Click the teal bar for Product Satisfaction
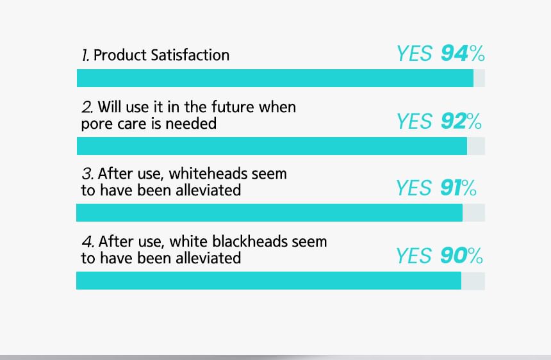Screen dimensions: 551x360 [x=275, y=78]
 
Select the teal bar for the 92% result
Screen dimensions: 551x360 [x=272, y=146]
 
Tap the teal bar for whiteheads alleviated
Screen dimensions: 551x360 [x=270, y=213]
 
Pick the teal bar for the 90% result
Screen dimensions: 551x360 [x=269, y=281]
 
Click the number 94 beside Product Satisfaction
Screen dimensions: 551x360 [x=454, y=54]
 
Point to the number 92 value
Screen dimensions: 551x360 [x=454, y=121]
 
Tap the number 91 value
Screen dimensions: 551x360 [x=450, y=188]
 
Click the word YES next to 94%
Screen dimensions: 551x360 [x=415, y=54]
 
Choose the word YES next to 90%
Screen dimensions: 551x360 [x=414, y=256]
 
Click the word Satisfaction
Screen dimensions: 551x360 [x=190, y=55]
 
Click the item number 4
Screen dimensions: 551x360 [x=88, y=241]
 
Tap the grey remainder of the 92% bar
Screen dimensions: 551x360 [x=476, y=146]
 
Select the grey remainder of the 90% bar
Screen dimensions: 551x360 [x=473, y=281]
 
